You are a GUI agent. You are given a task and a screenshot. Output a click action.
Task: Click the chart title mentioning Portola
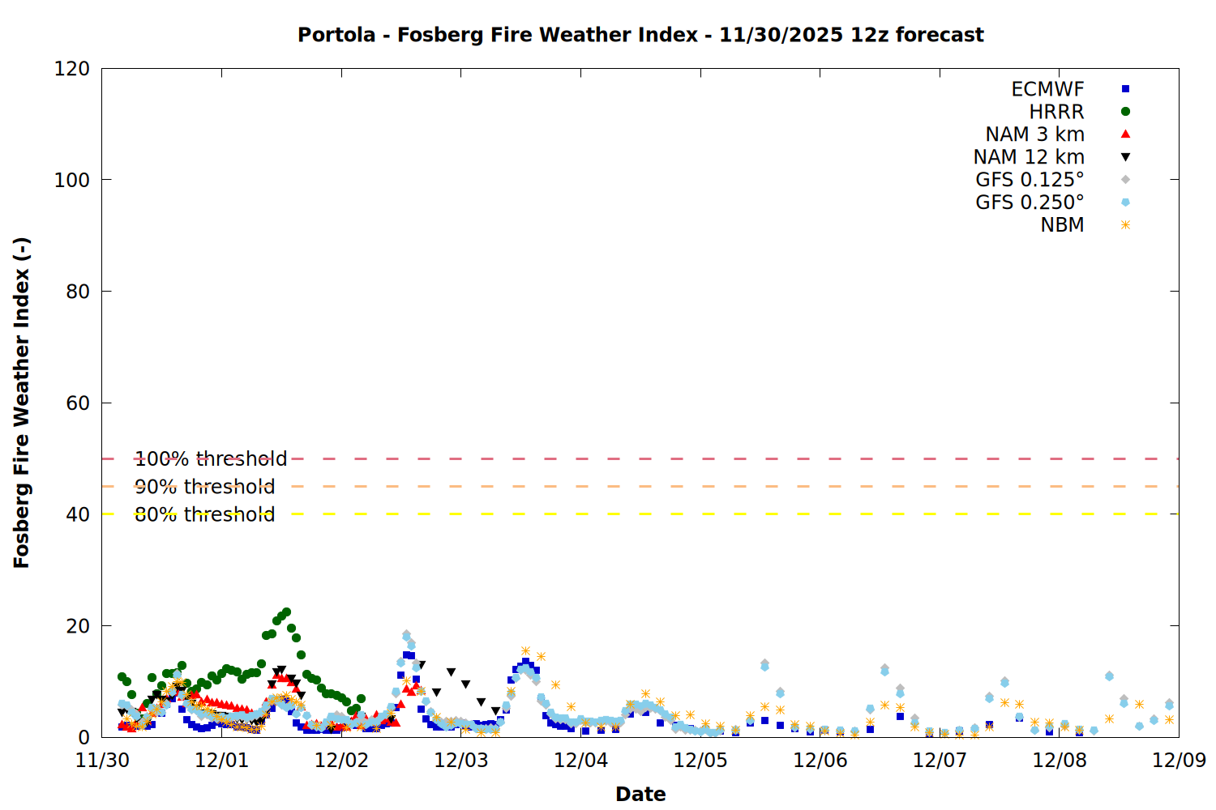[x=640, y=35]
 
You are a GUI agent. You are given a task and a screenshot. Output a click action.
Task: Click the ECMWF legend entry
[x=1047, y=89]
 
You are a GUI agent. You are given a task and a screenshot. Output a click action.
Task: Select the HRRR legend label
[x=1056, y=112]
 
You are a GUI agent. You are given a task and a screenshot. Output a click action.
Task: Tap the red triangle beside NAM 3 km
[x=1125, y=134]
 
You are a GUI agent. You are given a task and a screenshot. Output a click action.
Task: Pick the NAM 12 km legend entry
[x=1029, y=157]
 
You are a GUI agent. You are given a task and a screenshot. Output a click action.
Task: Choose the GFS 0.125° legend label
[x=1030, y=180]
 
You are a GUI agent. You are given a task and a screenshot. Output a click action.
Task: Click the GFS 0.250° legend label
[x=1030, y=202]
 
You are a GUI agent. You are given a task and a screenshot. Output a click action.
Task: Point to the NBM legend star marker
[x=1125, y=225]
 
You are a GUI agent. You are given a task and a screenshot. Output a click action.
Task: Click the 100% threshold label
[x=211, y=459]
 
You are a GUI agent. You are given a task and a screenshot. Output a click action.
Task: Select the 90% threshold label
[x=204, y=487]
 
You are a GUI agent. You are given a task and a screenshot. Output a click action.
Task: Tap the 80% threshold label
[x=204, y=514]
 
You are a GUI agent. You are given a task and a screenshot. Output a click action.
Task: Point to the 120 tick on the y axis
[x=72, y=69]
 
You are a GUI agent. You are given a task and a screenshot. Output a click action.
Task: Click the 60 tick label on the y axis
[x=78, y=403]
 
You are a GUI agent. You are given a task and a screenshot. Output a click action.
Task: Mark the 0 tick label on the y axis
[x=84, y=737]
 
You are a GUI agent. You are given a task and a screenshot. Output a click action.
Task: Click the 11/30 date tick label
[x=102, y=761]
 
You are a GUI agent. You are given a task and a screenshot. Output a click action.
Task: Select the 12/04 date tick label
[x=580, y=761]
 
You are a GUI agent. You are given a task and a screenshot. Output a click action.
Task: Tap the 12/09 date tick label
[x=1179, y=761]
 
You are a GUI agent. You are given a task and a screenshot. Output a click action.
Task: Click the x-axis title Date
[x=640, y=794]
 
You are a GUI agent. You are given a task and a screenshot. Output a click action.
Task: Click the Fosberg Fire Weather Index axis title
[x=22, y=403]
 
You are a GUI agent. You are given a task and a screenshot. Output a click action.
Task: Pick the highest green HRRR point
[x=286, y=612]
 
